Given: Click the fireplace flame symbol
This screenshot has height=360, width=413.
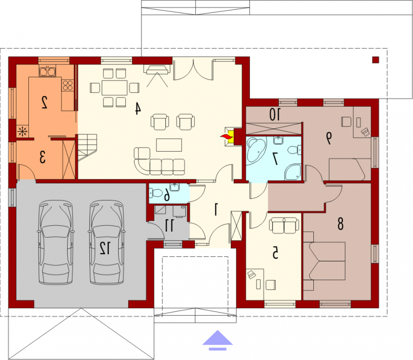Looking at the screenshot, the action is pyautogui.click(x=225, y=137).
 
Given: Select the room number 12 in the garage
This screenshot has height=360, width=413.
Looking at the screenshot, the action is pyautogui.click(x=105, y=248).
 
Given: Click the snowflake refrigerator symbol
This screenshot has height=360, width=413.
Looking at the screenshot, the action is pyautogui.click(x=22, y=131).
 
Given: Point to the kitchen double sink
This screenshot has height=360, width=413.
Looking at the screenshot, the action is pyautogui.click(x=47, y=71).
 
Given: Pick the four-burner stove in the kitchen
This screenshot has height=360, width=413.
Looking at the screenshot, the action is pyautogui.click(x=68, y=86).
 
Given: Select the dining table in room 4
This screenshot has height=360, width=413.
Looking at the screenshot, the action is pyautogui.click(x=114, y=88).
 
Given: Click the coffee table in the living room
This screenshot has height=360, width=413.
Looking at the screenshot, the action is pyautogui.click(x=169, y=145).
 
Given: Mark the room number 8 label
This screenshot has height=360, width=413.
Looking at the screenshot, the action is pyautogui.click(x=340, y=224).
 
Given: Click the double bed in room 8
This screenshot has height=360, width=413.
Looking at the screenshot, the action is pyautogui.click(x=324, y=261).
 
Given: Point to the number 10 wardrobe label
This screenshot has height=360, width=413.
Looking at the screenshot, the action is pyautogui.click(x=275, y=114).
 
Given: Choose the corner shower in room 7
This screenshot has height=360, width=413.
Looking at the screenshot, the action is pyautogui.click(x=293, y=172).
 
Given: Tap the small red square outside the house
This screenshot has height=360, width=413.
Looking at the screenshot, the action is pyautogui.click(x=375, y=60).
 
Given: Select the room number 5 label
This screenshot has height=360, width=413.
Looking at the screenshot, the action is pyautogui.click(x=275, y=253).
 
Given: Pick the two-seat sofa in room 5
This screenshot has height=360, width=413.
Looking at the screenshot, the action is pyautogui.click(x=284, y=225).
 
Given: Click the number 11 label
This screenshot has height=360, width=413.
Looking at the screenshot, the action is pyautogui.click(x=169, y=225).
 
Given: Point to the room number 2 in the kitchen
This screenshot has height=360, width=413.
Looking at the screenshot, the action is pyautogui.click(x=44, y=102).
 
